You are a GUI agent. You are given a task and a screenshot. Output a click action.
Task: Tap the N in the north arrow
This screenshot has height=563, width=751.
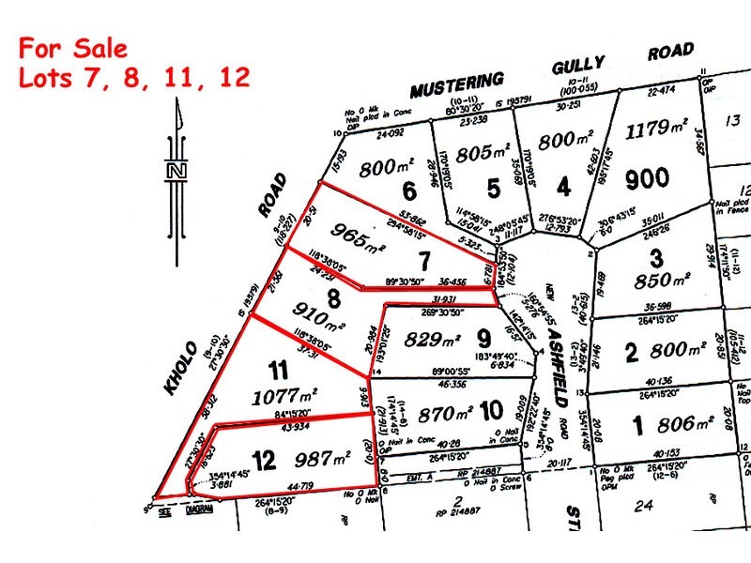[175, 171]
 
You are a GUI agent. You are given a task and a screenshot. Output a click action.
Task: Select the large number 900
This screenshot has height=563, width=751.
[649, 177]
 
